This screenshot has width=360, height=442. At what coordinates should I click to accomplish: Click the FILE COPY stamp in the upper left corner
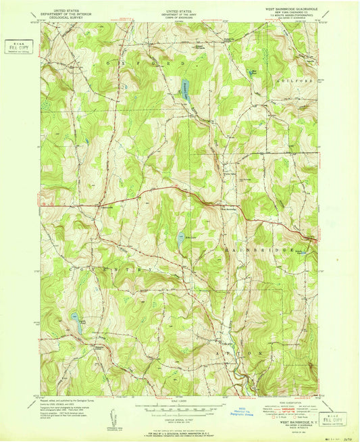[x=18, y=47]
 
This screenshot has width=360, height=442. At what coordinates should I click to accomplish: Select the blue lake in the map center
[x=181, y=237]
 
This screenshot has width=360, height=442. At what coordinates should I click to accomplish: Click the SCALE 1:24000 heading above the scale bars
[x=179, y=401]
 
